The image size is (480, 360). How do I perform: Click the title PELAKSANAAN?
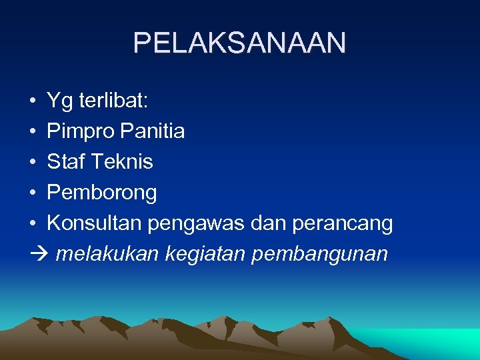(x=240, y=43)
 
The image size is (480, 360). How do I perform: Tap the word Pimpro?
(x=81, y=132)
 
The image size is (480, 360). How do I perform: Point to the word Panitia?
(x=153, y=131)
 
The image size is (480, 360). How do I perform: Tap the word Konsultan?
(x=94, y=223)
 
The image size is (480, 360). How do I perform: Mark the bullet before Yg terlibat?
(x=33, y=101)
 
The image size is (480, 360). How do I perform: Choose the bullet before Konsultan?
(x=33, y=224)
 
